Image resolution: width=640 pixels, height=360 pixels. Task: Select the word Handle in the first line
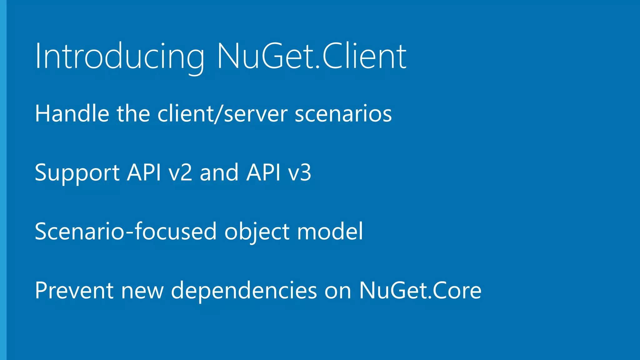coord(72,113)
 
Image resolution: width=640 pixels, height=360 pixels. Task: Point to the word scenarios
coord(343,113)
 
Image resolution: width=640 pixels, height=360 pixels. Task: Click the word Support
coord(77,172)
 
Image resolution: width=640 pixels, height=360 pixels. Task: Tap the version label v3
coord(300,172)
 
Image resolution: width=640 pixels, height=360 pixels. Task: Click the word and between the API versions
coord(219,172)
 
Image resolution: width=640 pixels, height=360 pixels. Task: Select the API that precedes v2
coord(144,172)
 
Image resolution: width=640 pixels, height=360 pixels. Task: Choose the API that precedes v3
coord(263,172)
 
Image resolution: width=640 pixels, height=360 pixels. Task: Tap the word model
coord(330,232)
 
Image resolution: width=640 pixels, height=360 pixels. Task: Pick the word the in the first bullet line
coord(133,113)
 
